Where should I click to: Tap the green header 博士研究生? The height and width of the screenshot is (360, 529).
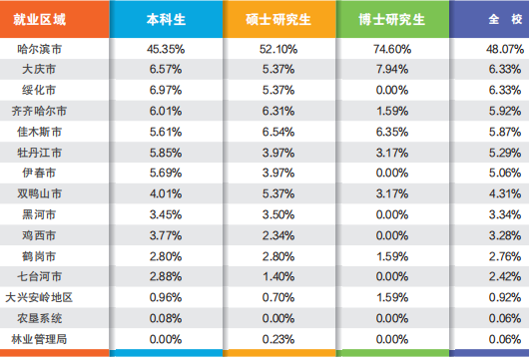click(x=398, y=18)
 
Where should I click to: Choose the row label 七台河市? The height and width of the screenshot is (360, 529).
click(x=41, y=275)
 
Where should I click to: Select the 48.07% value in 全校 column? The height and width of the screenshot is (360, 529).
click(x=505, y=48)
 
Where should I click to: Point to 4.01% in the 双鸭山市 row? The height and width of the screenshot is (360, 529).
click(x=166, y=192)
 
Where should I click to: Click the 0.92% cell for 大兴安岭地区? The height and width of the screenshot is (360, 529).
click(x=505, y=296)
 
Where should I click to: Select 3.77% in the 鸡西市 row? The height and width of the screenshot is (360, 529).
click(x=166, y=234)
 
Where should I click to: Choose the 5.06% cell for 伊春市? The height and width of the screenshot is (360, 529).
click(x=505, y=172)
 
